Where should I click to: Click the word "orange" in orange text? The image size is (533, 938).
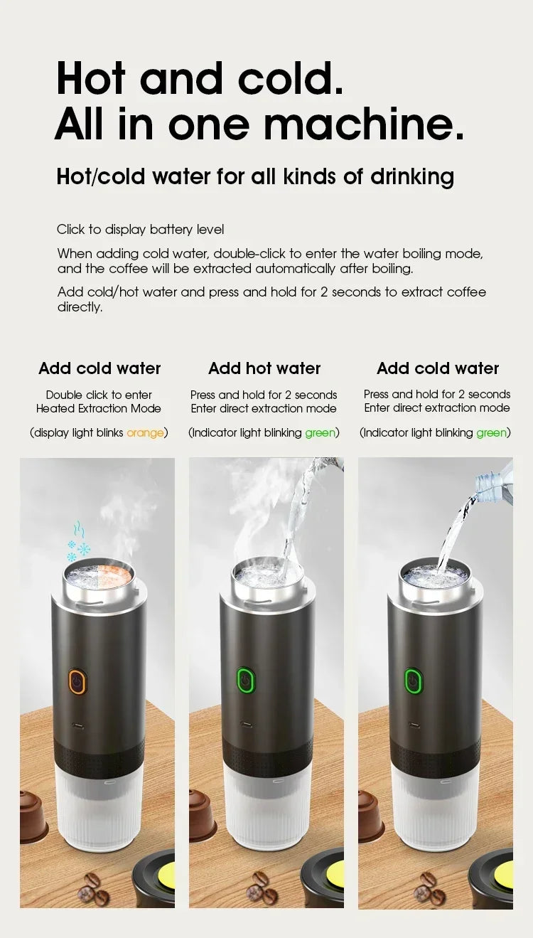145,432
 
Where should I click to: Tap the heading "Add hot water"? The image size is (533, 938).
264,368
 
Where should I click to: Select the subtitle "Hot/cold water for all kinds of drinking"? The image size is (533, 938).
255,176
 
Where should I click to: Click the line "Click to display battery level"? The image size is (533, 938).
140,229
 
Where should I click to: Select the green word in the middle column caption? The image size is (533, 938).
320,432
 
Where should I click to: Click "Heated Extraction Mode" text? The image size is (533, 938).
99,408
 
